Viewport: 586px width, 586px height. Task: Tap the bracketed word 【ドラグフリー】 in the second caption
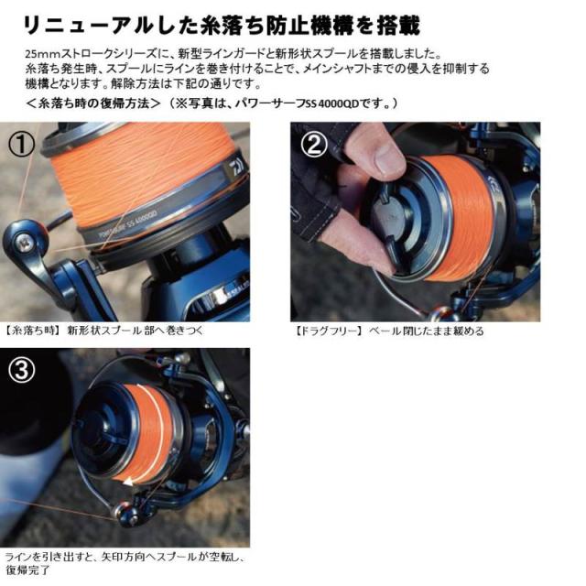(x=327, y=331)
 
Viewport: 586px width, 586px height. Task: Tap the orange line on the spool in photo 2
(x=467, y=220)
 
